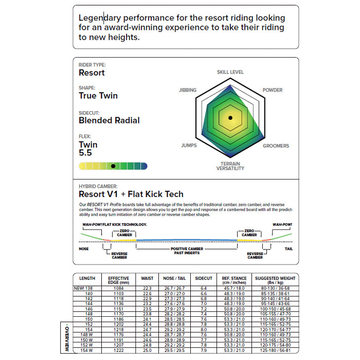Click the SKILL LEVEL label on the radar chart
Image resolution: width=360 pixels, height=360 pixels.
click(230, 72)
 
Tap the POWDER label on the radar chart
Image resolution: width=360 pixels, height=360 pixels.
click(273, 90)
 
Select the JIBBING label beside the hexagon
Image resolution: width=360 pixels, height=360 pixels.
click(187, 90)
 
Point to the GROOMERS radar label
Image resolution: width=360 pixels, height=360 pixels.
click(276, 146)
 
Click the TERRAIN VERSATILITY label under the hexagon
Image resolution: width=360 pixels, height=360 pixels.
click(230, 166)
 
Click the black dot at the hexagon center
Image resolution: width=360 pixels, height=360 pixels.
click(230, 118)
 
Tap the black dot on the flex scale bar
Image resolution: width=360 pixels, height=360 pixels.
click(113, 166)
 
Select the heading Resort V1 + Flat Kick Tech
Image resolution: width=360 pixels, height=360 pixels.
click(131, 194)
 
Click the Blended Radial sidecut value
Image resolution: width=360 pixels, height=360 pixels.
click(109, 120)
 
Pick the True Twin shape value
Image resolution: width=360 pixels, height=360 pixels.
click(98, 96)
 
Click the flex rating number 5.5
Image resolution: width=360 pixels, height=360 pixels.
click(85, 153)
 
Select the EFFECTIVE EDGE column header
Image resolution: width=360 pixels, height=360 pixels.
click(118, 280)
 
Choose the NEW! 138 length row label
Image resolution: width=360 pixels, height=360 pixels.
click(84, 289)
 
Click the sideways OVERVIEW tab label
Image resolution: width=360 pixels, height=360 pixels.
click(66, 337)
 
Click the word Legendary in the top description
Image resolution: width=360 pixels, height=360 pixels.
click(103, 17)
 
